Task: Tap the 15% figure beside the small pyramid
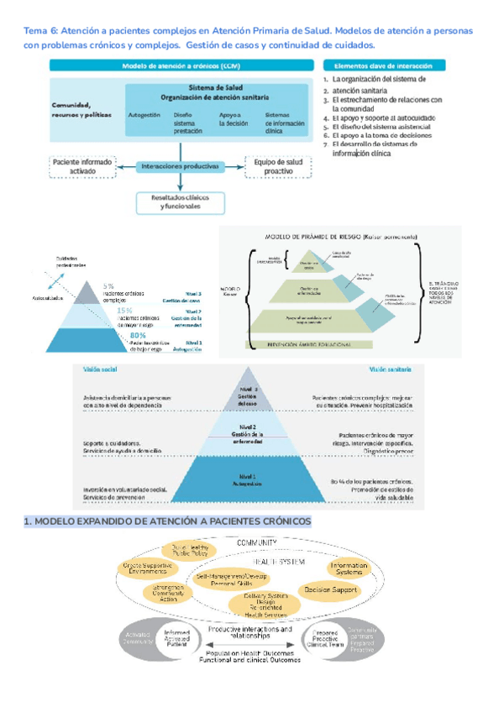click(x=124, y=311)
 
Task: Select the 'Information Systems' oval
click(x=347, y=569)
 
